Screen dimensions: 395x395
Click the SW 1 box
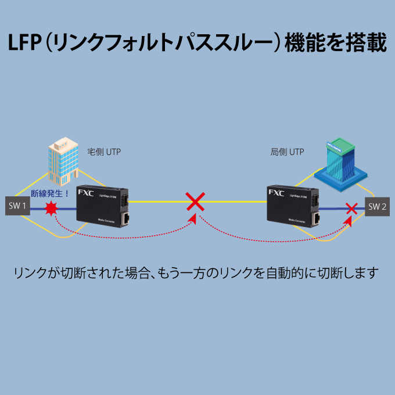click(17, 205)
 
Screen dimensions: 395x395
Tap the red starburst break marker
click(52, 209)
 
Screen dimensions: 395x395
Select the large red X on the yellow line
click(195, 202)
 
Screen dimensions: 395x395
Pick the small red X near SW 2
click(351, 207)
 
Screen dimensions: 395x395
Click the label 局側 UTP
click(287, 152)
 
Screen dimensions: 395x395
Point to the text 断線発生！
click(50, 193)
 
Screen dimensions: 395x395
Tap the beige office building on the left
click(63, 158)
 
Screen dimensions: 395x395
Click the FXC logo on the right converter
click(277, 193)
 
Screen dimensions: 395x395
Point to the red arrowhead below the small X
click(349, 221)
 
